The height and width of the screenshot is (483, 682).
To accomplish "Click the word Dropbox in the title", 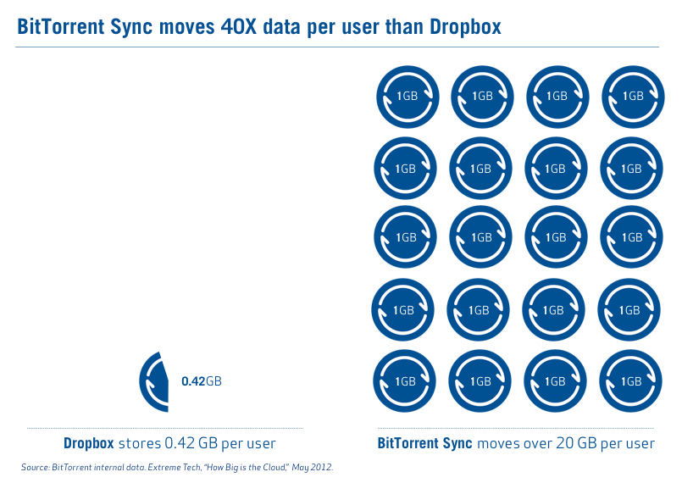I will (x=463, y=27).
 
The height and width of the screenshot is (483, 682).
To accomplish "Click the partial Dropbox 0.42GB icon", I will (x=155, y=381).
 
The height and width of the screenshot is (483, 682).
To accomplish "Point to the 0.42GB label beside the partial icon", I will (x=201, y=382).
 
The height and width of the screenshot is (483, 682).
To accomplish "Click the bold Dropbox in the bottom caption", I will (x=89, y=443).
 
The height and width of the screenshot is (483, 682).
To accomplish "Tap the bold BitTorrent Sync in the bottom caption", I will (x=425, y=443).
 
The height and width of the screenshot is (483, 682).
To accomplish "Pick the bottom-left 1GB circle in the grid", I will (x=404, y=382).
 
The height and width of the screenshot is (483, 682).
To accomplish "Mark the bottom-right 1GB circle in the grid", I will (x=629, y=382).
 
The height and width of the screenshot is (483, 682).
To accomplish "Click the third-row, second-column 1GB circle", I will (x=480, y=237).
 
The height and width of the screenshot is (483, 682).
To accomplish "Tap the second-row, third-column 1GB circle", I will (x=556, y=169).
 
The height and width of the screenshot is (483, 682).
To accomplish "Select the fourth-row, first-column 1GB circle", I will (x=402, y=310).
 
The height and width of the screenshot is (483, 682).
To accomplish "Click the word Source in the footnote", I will (x=34, y=467).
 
